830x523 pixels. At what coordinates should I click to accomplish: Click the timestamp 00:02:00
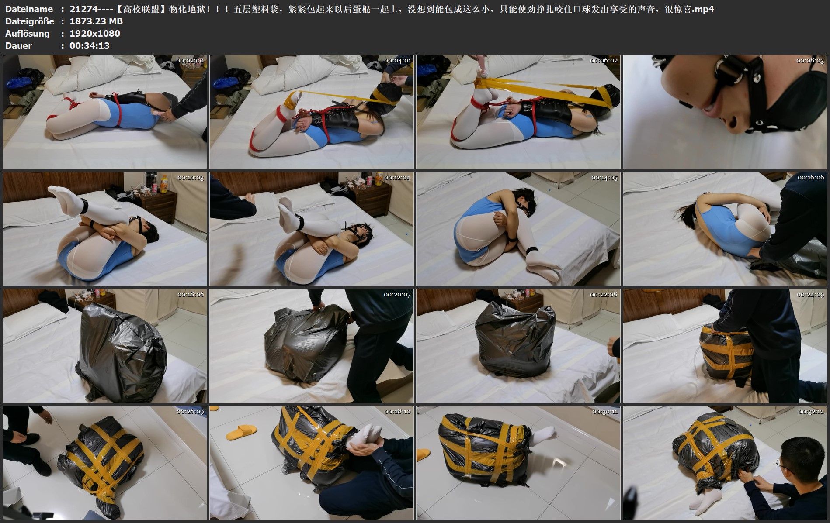[x=190, y=61]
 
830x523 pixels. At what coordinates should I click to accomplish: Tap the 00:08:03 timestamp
[x=810, y=61]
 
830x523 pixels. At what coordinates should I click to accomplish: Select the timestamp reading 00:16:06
[x=810, y=178]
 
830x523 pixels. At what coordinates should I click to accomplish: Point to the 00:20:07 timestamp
[x=397, y=295]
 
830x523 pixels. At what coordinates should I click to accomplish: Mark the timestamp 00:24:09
[x=810, y=295]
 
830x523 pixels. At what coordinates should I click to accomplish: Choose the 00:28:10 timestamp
[x=397, y=412]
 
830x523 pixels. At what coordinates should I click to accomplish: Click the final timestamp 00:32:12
[x=810, y=412]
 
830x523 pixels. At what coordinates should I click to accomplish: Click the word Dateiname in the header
[x=29, y=9]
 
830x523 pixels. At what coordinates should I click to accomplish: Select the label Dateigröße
[x=30, y=21]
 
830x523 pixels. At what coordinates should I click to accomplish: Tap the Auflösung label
[x=27, y=34]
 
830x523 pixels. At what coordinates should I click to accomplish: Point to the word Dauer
[x=18, y=46]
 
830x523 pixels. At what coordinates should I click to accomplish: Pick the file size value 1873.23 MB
[x=96, y=21]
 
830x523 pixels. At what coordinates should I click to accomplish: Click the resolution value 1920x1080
[x=95, y=34]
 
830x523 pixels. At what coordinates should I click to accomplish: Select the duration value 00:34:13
[x=90, y=46]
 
